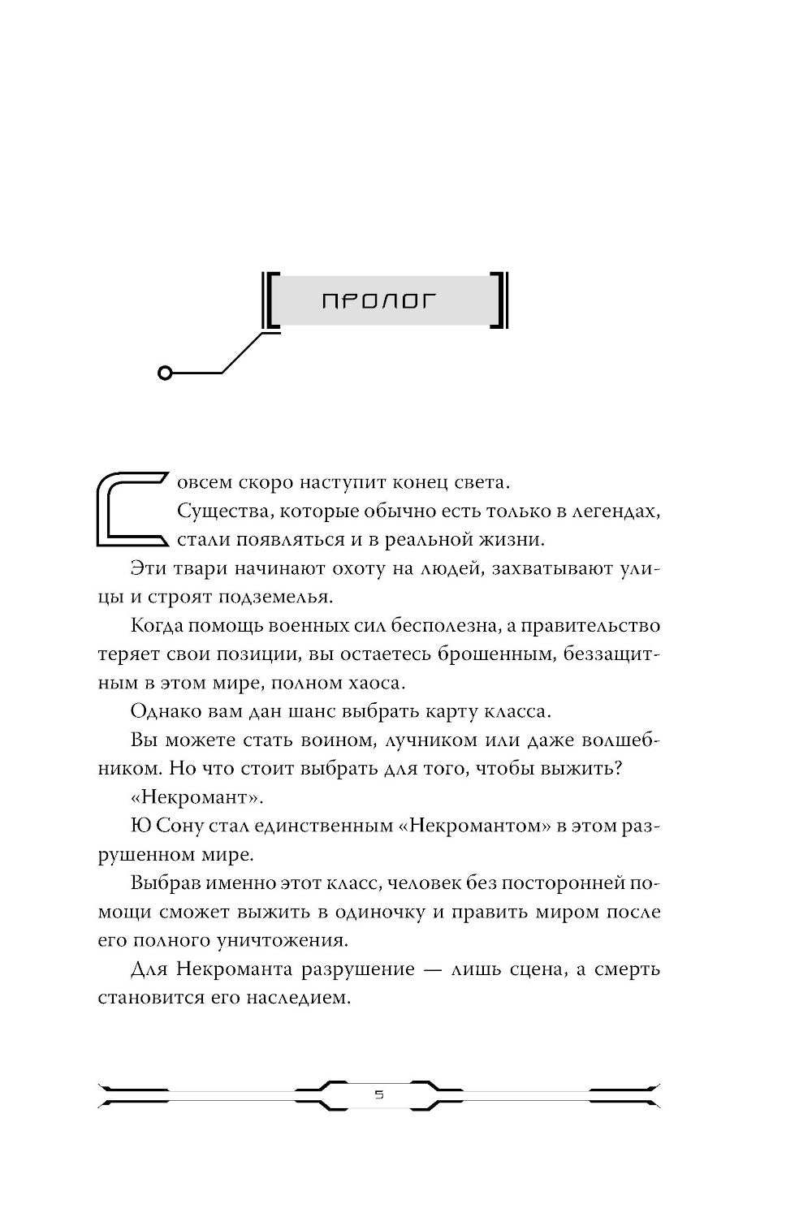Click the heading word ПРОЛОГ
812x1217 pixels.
click(x=379, y=301)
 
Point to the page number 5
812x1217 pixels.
click(x=379, y=1095)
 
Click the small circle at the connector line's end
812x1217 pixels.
click(x=166, y=373)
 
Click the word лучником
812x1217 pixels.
click(x=397, y=740)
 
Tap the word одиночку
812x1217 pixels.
click(x=381, y=912)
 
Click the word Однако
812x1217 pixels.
click(x=161, y=711)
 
